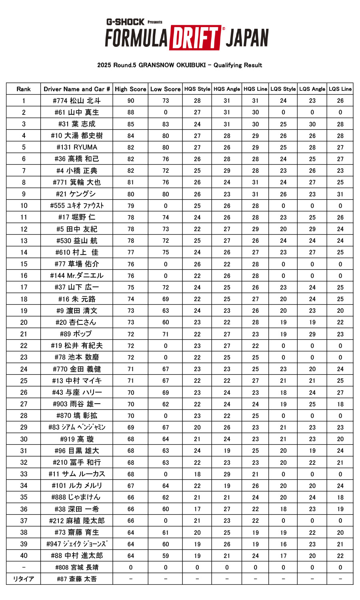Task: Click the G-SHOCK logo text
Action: coord(125,22)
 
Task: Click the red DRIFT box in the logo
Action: coord(195,38)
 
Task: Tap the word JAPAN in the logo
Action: coord(247,38)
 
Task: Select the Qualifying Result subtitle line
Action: coord(180,65)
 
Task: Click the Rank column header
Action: coord(24,89)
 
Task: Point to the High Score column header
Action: coord(130,89)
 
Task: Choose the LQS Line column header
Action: coord(340,89)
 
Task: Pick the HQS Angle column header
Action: coord(227,89)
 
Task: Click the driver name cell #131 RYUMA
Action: coord(77,147)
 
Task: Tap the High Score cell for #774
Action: coord(131,101)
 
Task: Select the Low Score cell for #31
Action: coord(166,124)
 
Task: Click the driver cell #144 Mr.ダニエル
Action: coord(77,276)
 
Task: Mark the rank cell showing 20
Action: coord(24,322)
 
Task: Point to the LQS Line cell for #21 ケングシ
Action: coord(340,194)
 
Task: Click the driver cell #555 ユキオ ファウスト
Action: coord(77,206)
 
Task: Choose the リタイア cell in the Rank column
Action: coord(24,579)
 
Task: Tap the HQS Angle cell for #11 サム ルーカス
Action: coord(227,474)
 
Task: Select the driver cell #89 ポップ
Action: coord(77,334)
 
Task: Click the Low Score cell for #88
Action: coord(166,556)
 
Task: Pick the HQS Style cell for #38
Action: coord(197,509)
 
